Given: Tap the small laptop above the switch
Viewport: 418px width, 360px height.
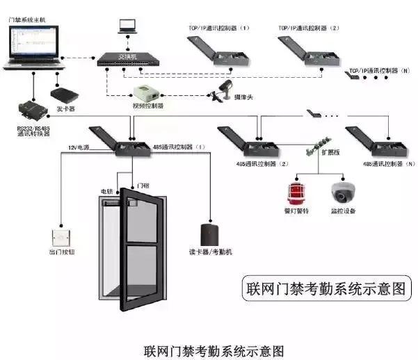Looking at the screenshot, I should pos(127,26).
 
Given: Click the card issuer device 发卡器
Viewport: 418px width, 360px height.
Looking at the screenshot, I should pos(64,93).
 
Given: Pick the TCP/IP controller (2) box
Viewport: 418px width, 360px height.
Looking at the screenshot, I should pos(308,52).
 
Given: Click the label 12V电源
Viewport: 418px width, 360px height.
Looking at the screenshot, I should pos(78,147).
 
